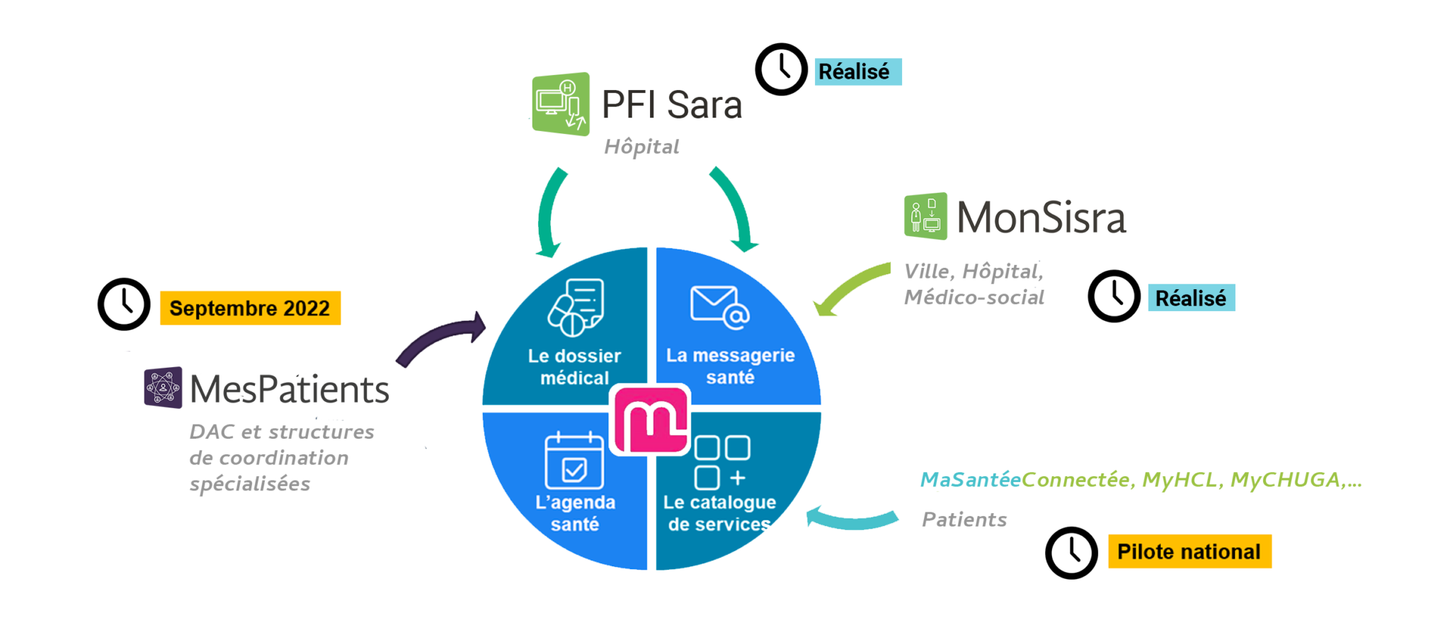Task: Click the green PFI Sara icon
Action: click(561, 104)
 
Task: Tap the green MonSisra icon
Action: click(926, 215)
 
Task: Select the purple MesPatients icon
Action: click(164, 387)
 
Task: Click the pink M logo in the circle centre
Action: click(650, 420)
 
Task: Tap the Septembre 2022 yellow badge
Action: click(250, 308)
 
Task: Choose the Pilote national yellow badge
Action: click(1189, 551)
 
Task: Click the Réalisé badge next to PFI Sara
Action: click(858, 72)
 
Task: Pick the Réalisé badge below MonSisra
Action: click(1191, 298)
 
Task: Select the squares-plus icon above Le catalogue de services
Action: click(721, 462)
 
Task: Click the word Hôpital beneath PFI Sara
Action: click(641, 147)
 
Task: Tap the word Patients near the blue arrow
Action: click(964, 519)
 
